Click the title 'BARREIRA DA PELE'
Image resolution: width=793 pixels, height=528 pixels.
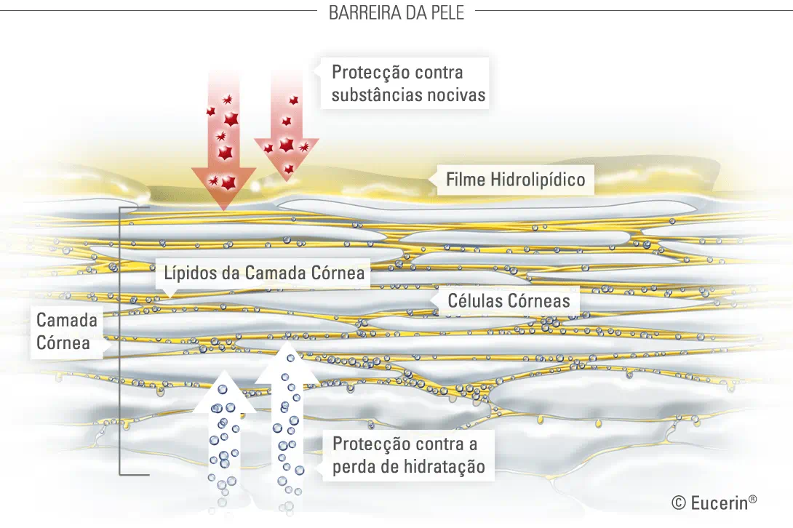pos(396,12)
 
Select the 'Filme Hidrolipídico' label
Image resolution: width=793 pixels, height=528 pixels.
pos(515,179)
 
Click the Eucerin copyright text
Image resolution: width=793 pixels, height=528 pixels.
pos(714,502)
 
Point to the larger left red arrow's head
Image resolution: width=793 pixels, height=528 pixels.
pos(224,185)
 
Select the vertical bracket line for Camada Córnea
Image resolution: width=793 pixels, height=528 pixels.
pos(120,342)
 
